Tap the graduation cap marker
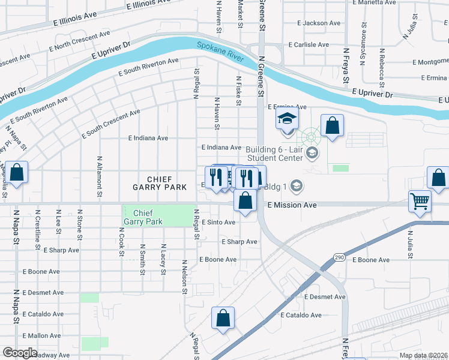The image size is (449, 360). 287,120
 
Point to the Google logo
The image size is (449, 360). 20,352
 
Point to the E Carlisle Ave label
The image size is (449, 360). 309,45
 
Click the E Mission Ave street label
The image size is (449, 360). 292,205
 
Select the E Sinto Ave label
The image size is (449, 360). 218,222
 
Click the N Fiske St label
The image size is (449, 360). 238,91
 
